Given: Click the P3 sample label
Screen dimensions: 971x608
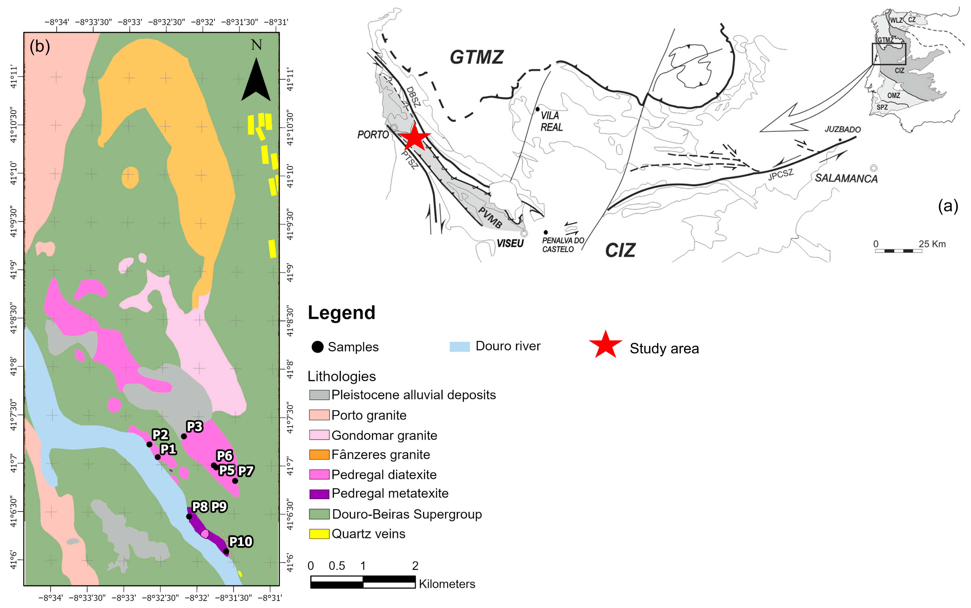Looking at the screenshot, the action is (195, 427).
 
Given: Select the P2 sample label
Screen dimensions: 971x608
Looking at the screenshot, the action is (160, 435).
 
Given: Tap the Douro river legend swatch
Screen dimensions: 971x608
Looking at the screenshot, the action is (459, 347).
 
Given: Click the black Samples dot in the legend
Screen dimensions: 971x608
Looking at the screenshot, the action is (317, 347).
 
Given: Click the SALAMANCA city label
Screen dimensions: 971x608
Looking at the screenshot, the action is (846, 178).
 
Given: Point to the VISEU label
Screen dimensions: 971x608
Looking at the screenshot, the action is (510, 243).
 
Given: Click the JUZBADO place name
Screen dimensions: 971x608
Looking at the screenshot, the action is (842, 129).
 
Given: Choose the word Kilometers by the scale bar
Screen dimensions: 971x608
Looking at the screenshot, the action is (447, 584).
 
